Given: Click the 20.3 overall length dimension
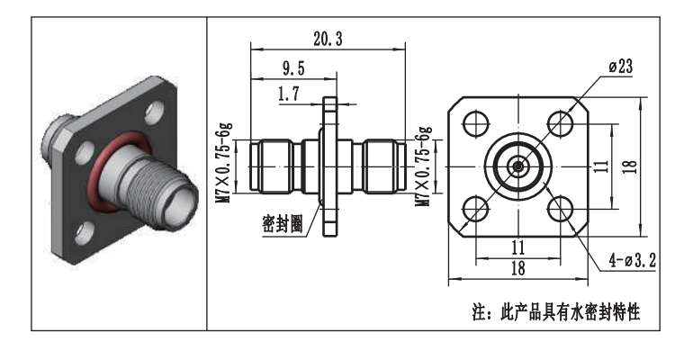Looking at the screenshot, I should click(327, 39).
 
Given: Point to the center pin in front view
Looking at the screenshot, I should click(518, 166).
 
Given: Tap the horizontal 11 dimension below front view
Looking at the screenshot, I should click(517, 246).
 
